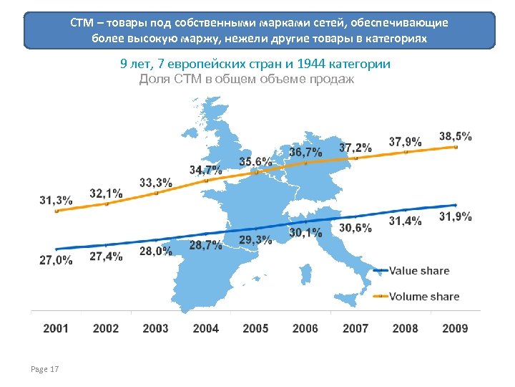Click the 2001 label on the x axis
click(56, 328)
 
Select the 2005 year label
click(255, 328)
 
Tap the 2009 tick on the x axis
click(455, 328)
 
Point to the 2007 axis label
click(355, 328)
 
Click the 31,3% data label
click(56, 200)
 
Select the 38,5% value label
click(455, 136)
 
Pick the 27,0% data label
click(56, 261)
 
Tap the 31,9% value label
click(455, 217)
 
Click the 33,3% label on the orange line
click(155, 183)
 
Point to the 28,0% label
click(155, 251)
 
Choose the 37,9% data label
click(405, 141)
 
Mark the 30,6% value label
click(355, 228)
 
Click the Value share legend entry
click(418, 271)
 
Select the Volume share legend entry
click(423, 296)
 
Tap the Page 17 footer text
click(45, 369)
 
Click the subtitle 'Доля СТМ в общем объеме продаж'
click(246, 79)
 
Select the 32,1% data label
click(106, 193)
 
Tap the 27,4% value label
click(106, 256)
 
